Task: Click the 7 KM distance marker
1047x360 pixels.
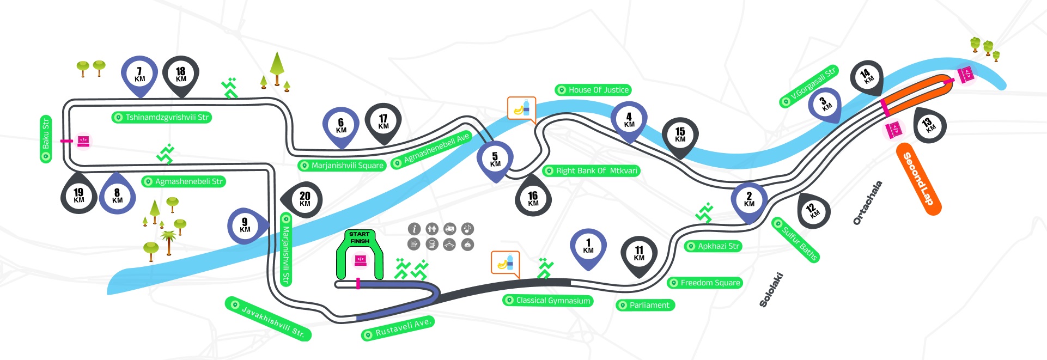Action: tap(139, 75)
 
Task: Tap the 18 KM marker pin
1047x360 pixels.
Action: tap(181, 75)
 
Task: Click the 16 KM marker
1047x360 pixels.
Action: tap(533, 196)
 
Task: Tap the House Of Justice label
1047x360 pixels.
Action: tap(593, 90)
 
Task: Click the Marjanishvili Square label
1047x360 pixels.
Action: tap(342, 165)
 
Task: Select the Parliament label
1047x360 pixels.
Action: tap(645, 305)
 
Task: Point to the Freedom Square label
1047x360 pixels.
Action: tap(705, 283)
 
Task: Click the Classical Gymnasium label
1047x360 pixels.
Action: tap(548, 300)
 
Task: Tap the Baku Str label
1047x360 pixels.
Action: tap(46, 139)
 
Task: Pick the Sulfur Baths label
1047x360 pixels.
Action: tap(796, 240)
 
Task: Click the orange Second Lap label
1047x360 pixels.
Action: tap(918, 179)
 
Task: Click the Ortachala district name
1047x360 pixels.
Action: tap(867, 203)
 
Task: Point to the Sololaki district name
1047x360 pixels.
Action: tap(771, 290)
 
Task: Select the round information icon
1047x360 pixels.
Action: tap(414, 229)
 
